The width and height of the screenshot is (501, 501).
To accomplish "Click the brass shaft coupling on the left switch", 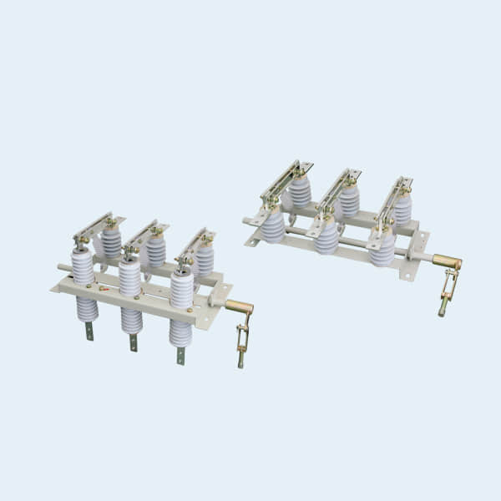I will click(x=240, y=306).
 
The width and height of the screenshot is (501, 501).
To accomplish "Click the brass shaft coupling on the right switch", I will click(x=447, y=262).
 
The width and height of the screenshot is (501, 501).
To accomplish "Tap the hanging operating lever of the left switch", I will click(x=242, y=342).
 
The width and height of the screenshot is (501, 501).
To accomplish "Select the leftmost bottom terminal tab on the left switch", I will click(x=89, y=331).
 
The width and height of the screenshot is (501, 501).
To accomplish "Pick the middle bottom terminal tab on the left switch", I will click(x=133, y=342).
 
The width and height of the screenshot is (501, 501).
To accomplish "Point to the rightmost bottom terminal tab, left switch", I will click(x=180, y=355).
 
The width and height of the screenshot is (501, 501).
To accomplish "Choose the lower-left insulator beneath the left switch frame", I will click(x=87, y=309).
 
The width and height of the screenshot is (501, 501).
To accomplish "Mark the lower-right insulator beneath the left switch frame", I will click(x=180, y=333).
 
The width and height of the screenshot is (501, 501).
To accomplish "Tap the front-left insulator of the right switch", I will click(x=273, y=225).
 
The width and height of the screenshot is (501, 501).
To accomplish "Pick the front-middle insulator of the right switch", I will click(x=327, y=236).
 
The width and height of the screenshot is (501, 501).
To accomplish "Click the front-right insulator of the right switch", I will click(x=382, y=248).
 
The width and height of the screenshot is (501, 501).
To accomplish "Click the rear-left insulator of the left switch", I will click(x=110, y=243).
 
